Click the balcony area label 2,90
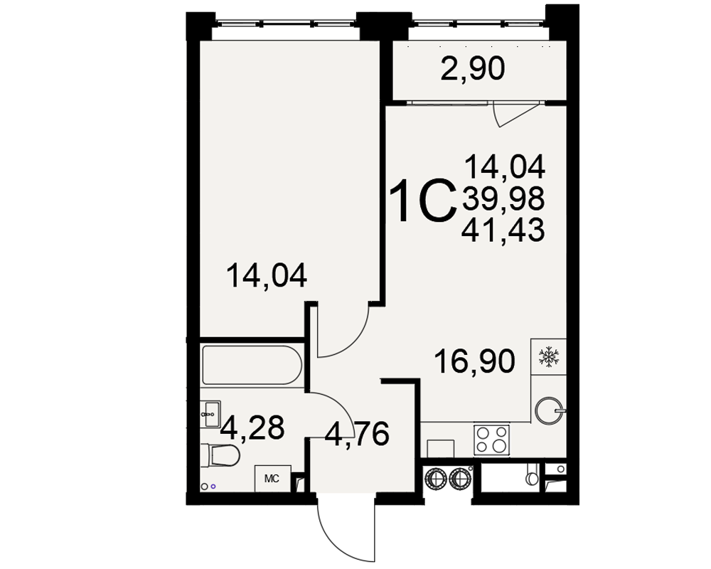(x=473, y=70)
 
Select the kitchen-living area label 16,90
(x=474, y=361)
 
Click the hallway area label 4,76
(x=358, y=434)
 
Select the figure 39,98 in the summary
(x=503, y=199)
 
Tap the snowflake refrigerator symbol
(x=549, y=356)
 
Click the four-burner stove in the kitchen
(x=491, y=440)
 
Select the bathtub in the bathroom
(x=252, y=366)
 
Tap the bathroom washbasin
(x=210, y=413)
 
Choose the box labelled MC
(x=272, y=478)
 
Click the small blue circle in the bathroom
(x=213, y=486)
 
